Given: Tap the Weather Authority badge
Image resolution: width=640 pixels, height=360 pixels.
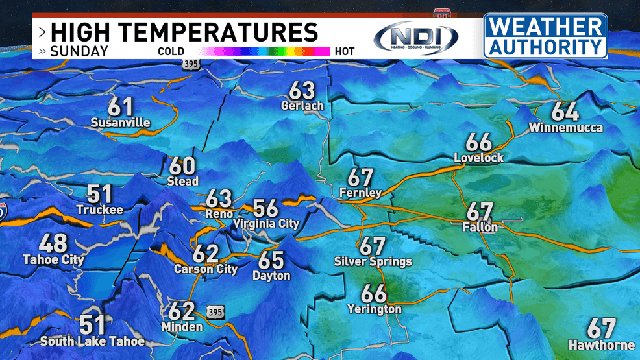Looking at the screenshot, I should tap(545, 36).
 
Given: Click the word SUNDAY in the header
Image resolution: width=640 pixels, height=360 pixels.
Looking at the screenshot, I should tap(79, 51).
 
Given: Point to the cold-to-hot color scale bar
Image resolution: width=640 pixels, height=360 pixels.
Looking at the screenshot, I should tap(267, 51).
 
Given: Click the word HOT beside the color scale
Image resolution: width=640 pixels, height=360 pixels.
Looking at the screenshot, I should tap(345, 51).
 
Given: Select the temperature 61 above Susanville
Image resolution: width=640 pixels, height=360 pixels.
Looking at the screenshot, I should tap(120, 106).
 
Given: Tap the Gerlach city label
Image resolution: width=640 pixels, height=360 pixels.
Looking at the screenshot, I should tap(302, 105).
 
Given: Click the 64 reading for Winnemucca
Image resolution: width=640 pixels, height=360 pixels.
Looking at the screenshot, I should tap(565, 111).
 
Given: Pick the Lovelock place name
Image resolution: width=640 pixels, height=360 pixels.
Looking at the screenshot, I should tap(478, 158).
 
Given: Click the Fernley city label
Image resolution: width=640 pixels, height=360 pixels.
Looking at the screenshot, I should tap(360, 193).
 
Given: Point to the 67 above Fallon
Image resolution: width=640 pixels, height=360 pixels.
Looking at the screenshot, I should tap(480, 211).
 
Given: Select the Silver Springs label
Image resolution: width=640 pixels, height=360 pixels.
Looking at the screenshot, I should tap(373, 262).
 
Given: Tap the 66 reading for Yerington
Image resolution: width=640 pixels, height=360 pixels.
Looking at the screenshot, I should tap(375, 293).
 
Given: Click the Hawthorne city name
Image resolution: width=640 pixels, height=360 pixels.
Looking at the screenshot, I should tap(602, 344).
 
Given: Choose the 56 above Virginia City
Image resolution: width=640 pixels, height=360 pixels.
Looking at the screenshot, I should tap(266, 208).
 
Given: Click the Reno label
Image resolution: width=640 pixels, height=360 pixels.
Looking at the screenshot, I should tap(219, 213).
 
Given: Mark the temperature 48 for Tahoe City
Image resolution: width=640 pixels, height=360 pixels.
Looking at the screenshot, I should tap(53, 244).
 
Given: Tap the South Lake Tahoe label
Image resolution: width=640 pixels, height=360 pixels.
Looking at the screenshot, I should tap(92, 341).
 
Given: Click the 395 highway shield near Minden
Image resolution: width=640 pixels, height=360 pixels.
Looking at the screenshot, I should tap(215, 313).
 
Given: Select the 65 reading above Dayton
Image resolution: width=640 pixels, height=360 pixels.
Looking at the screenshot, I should tap(271, 259).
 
